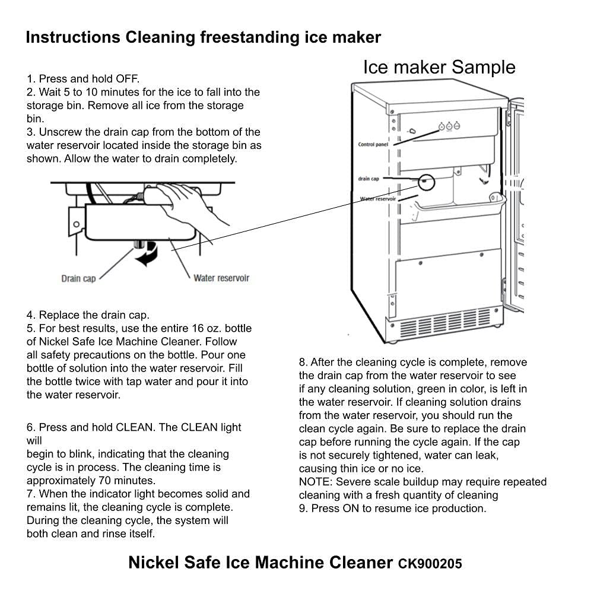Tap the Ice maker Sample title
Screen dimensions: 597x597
point(439,67)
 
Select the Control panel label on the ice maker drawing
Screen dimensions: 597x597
point(373,144)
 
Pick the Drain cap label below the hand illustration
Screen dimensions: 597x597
point(78,278)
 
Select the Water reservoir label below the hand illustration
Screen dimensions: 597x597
point(221,278)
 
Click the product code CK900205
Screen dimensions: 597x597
point(430,563)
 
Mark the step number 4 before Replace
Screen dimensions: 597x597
point(30,315)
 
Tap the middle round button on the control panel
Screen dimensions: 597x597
point(449,126)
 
